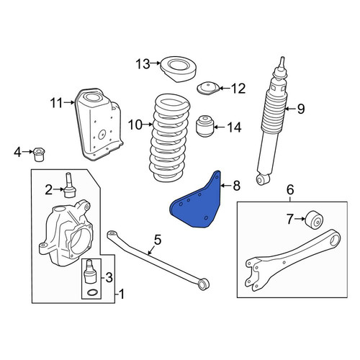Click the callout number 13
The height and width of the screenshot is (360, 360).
(143, 64)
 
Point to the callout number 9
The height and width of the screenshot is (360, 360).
(301, 109)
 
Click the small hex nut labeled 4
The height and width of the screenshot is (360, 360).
(38, 154)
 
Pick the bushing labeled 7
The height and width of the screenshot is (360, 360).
(314, 220)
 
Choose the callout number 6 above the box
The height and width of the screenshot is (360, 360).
(290, 190)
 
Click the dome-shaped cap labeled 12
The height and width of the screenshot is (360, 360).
(208, 89)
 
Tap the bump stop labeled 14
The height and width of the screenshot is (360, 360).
(204, 126)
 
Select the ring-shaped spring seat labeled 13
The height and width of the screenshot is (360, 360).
(178, 70)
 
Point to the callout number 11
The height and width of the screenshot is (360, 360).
(57, 104)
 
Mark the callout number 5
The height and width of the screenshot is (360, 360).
(158, 240)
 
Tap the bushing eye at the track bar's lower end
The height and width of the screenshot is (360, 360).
(204, 284)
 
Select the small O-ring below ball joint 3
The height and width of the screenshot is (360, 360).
(92, 292)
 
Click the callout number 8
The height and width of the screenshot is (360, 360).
(236, 186)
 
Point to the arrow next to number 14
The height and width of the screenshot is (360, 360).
(219, 127)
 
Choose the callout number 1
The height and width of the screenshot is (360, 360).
(122, 294)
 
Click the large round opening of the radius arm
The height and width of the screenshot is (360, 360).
(335, 239)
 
